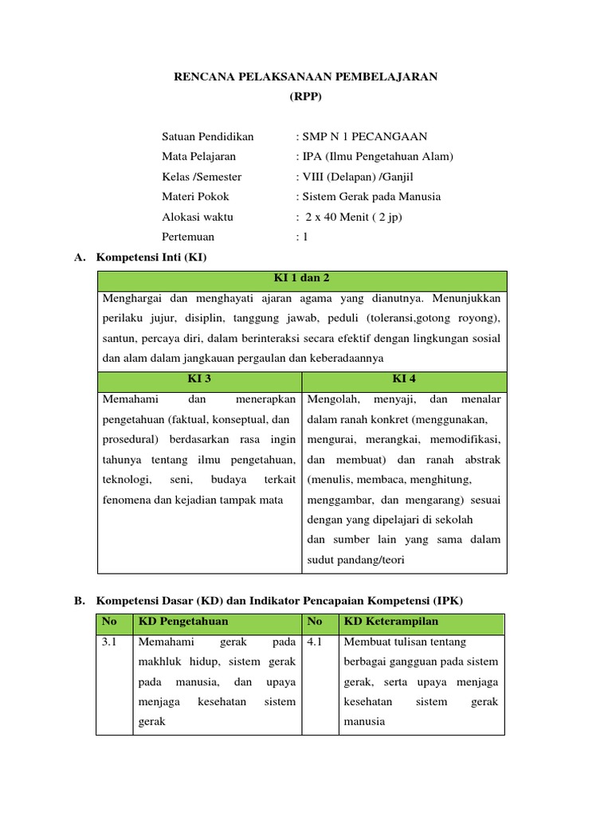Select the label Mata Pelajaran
[x=198, y=156]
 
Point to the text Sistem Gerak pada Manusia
[x=370, y=196]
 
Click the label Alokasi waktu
[x=198, y=217]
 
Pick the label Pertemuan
[x=188, y=237]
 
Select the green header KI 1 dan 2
[x=301, y=278]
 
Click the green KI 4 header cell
[x=403, y=379]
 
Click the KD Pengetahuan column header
[x=183, y=622]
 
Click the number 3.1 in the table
[x=110, y=641]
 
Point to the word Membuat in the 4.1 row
[x=364, y=641]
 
